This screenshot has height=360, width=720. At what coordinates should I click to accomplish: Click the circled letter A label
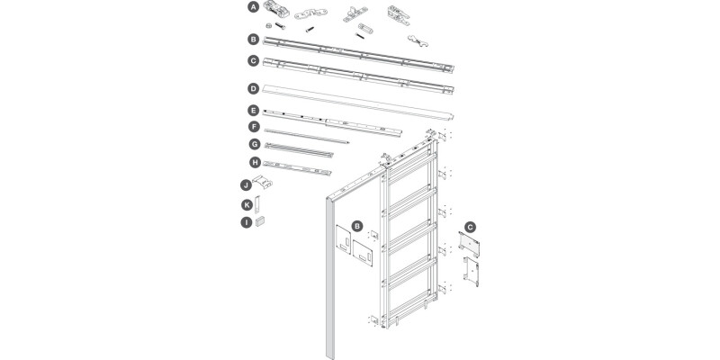[x=253, y=7]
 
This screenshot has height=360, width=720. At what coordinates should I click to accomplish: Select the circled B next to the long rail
[x=253, y=40]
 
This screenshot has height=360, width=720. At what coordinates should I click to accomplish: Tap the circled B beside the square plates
[x=357, y=226]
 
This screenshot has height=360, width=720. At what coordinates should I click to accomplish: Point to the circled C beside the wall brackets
[x=470, y=227]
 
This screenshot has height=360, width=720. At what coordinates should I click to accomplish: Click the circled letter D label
[x=253, y=88]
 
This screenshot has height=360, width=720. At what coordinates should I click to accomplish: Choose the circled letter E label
[x=253, y=111]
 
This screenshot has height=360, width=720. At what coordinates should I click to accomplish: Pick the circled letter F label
[x=254, y=127]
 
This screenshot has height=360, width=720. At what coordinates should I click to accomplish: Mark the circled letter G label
[x=255, y=144]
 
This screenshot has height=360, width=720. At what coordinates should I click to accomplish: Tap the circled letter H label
[x=255, y=163]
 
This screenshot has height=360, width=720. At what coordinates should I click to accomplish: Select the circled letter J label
[x=246, y=185]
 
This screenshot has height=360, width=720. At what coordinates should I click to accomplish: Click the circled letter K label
[x=247, y=205]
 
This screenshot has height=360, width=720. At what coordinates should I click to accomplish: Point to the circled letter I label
[x=247, y=222]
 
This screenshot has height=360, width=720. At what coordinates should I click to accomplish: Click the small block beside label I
[x=260, y=221]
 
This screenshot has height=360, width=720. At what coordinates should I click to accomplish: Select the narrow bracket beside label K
[x=257, y=204]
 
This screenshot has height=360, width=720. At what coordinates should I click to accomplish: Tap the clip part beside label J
[x=262, y=182]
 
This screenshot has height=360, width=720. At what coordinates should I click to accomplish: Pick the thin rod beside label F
[x=307, y=136]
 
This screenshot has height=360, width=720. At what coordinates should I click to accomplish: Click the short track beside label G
[x=299, y=150]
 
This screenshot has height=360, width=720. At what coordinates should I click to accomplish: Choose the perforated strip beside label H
[x=297, y=168]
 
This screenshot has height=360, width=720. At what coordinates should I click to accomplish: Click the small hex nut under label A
[x=268, y=26]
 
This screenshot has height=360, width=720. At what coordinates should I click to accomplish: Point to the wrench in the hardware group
[x=418, y=40]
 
